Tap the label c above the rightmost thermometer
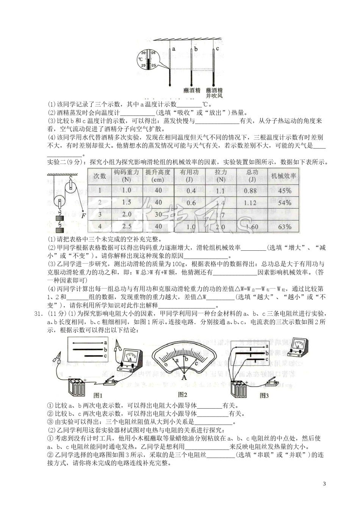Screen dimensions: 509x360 (218, 48)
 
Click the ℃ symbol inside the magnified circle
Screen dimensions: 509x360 (141, 59)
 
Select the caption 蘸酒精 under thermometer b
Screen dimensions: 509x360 (192, 91)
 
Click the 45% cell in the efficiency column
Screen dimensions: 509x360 (285, 190)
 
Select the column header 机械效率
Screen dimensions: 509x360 (284, 176)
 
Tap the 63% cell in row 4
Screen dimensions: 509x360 (285, 227)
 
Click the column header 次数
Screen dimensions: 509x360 (100, 176)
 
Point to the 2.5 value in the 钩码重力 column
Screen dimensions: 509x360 (127, 226)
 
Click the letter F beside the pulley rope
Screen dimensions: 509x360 (83, 216)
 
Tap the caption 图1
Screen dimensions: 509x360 (98, 395)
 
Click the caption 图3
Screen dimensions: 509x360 (264, 395)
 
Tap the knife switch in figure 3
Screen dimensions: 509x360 (272, 383)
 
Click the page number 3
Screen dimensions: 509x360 (324, 483)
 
